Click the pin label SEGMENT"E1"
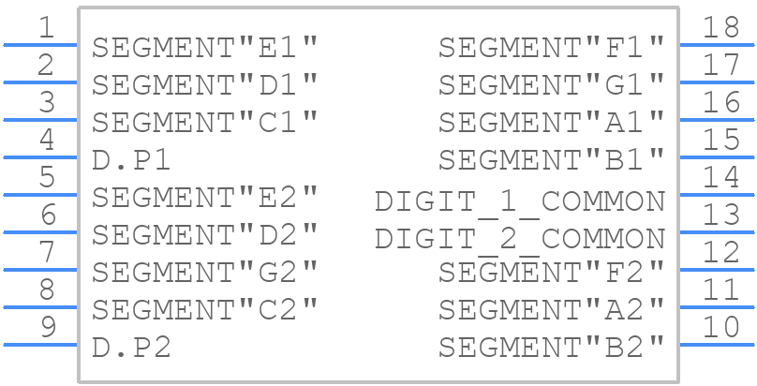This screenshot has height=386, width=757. pos(204,48)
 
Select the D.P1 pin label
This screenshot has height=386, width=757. pos(131,160)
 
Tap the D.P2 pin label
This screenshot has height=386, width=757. pos(131,348)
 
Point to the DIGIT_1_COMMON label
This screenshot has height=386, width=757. pos(520,201)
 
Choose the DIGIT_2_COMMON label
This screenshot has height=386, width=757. pos(520,239)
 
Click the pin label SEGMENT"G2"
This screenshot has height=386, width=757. pos(204,273)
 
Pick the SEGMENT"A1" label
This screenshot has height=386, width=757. pos(551,123)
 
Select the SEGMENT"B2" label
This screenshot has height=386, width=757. pos(551,348)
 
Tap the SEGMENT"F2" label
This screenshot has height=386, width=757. pos(551,273)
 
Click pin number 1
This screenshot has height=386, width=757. pos(46,27)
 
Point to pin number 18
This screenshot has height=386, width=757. pos(720,27)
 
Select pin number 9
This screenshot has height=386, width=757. pos(47,327)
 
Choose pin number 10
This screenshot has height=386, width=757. pos(720,327)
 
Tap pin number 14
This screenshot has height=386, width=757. pos(720,177)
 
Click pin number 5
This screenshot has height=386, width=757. pos(47,177)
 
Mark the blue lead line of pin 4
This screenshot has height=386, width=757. pos(40,157)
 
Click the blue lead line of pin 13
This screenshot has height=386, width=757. pos(717,232)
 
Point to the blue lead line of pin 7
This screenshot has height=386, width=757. pos(40,270)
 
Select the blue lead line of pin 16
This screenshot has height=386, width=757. pos(717,120)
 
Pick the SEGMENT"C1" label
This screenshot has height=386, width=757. pos(204,123)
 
